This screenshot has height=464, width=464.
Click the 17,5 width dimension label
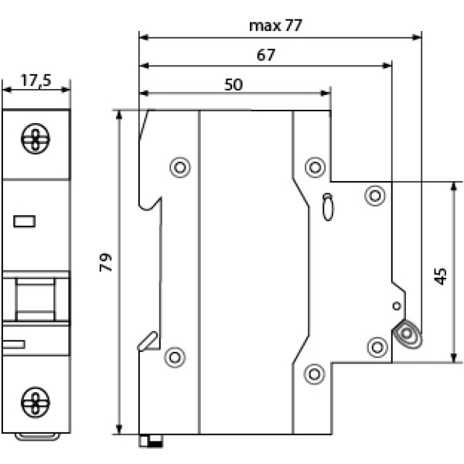(36, 80)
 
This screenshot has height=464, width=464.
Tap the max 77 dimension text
(276, 26)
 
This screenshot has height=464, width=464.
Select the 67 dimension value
(266, 55)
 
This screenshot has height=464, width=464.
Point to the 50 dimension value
(234, 84)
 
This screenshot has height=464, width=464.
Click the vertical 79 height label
(106, 262)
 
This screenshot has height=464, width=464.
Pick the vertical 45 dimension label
(441, 276)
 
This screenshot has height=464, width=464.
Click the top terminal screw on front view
(36, 138)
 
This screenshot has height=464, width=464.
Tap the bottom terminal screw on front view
(36, 402)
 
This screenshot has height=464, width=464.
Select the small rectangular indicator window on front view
(25, 221)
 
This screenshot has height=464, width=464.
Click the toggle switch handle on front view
(36, 299)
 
